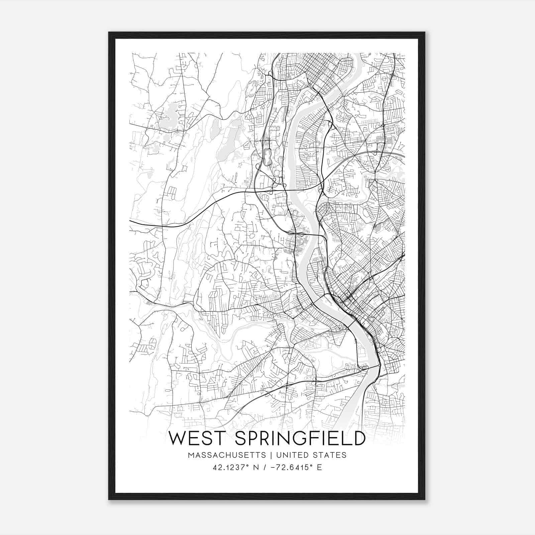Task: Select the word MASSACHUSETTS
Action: click(x=227, y=455)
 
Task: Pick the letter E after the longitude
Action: click(x=319, y=467)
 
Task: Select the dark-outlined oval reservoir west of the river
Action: click(x=267, y=157)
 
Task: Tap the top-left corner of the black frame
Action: click(x=109, y=32)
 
